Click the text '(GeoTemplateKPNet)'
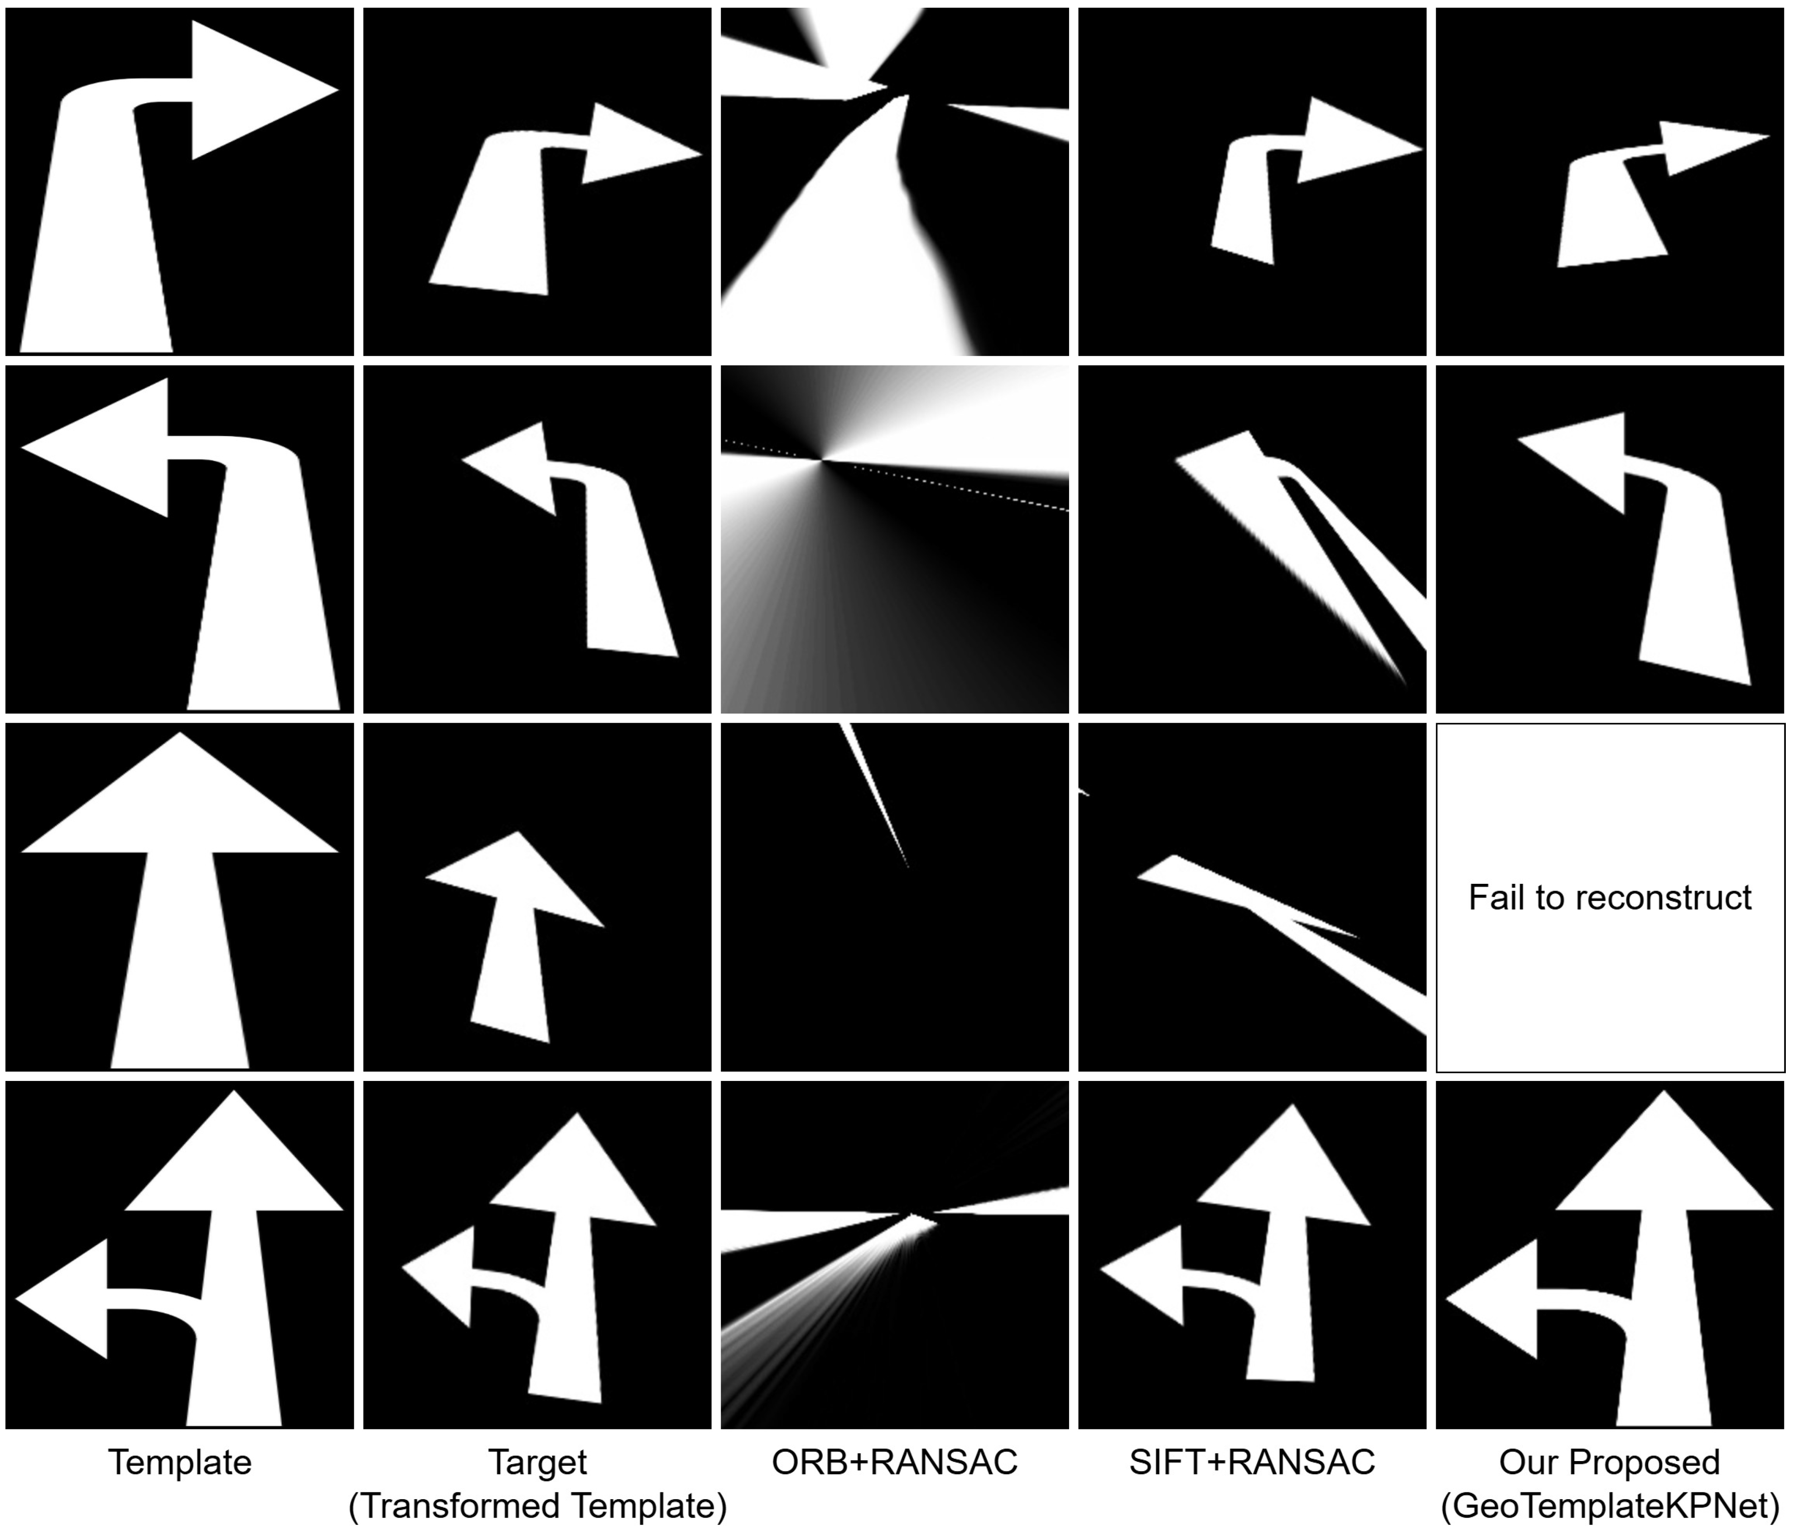coord(1611,1506)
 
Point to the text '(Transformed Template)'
coord(538,1506)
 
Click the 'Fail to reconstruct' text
coord(1611,898)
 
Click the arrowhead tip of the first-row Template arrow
coord(338,89)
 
